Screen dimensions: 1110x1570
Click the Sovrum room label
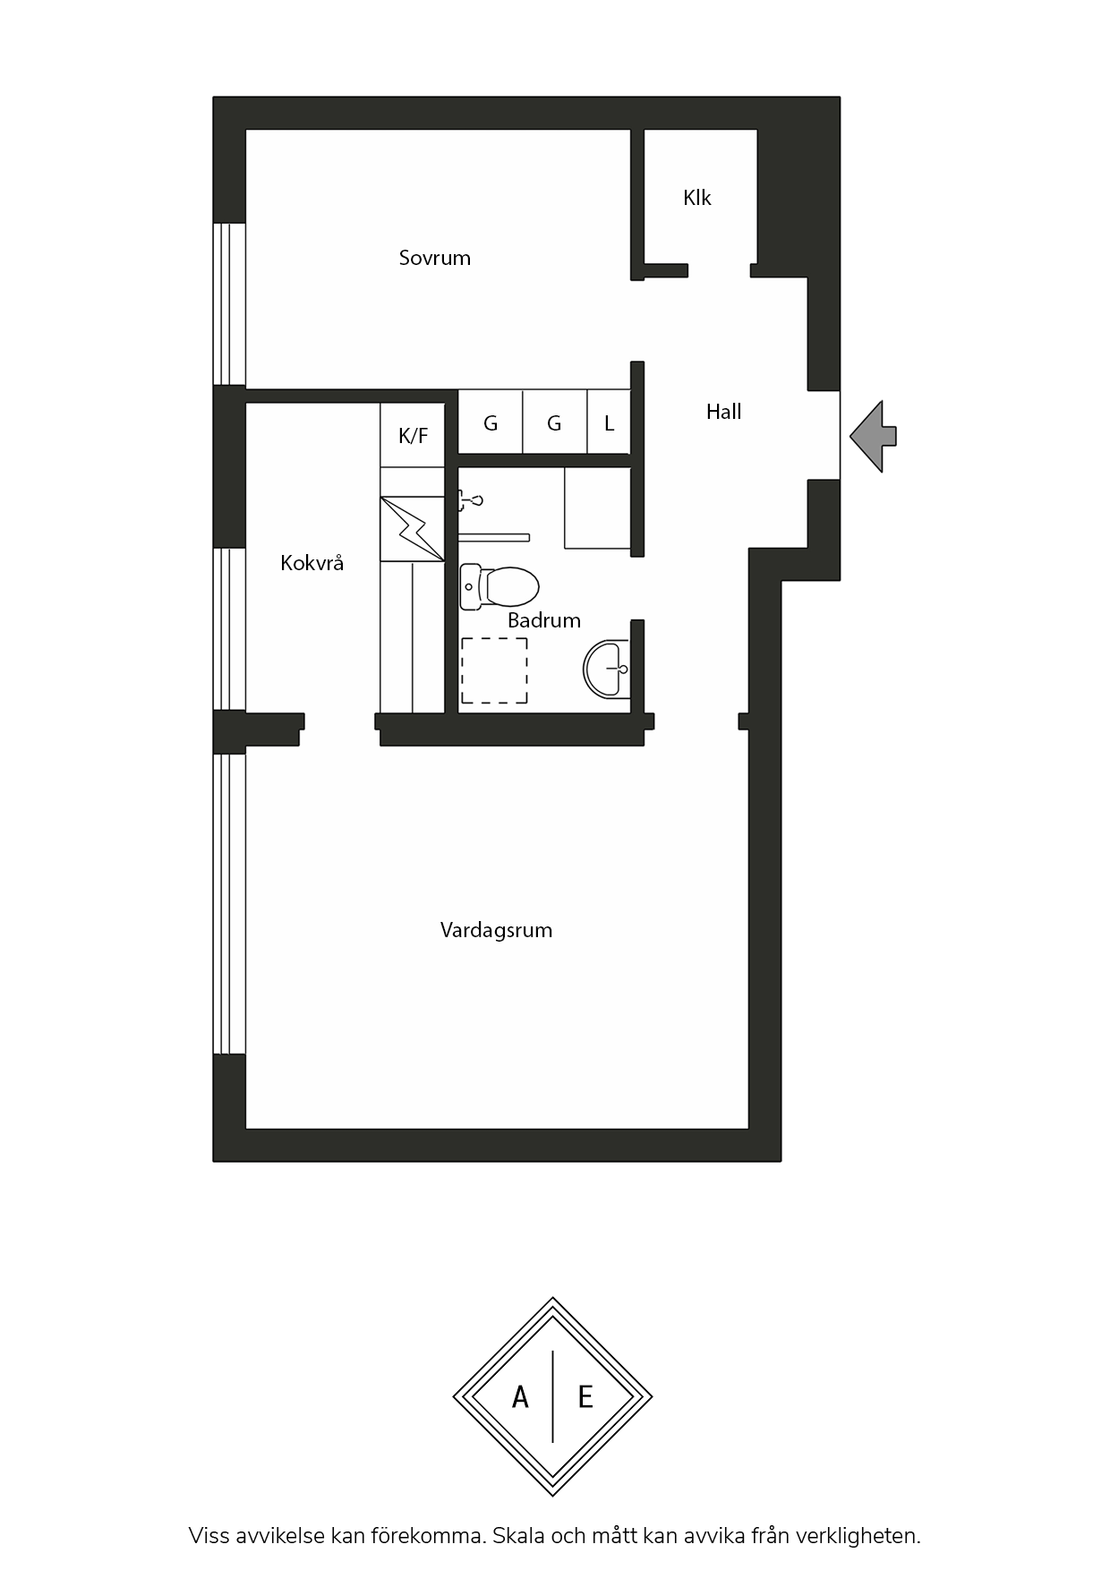click(434, 258)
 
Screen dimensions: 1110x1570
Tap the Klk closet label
click(696, 198)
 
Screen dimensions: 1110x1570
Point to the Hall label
click(723, 412)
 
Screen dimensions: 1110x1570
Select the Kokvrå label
click(312, 563)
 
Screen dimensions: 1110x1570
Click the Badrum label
click(544, 620)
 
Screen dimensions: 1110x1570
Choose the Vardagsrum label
click(496, 931)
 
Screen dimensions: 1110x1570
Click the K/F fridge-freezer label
click(413, 436)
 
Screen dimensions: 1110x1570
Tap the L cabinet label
click(609, 423)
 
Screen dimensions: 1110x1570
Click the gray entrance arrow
click(873, 437)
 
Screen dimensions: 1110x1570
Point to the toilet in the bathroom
click(499, 587)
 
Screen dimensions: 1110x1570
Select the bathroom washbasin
click(606, 668)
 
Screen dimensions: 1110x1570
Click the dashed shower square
click(494, 670)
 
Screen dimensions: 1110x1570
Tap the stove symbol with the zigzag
click(413, 529)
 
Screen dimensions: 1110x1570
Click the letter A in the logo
click(520, 1397)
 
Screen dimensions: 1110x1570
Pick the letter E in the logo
click(585, 1397)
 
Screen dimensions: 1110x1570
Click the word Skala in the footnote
click(518, 1536)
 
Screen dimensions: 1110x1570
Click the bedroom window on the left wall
click(229, 304)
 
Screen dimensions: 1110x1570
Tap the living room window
click(229, 904)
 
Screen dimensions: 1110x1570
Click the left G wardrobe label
click(491, 423)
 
